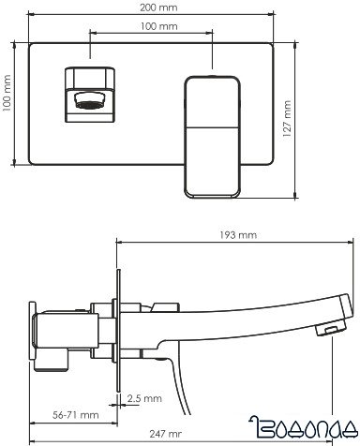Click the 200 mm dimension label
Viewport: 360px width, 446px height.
152,8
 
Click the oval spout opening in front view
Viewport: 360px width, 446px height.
88,99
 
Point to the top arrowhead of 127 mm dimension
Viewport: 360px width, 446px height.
298,44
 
